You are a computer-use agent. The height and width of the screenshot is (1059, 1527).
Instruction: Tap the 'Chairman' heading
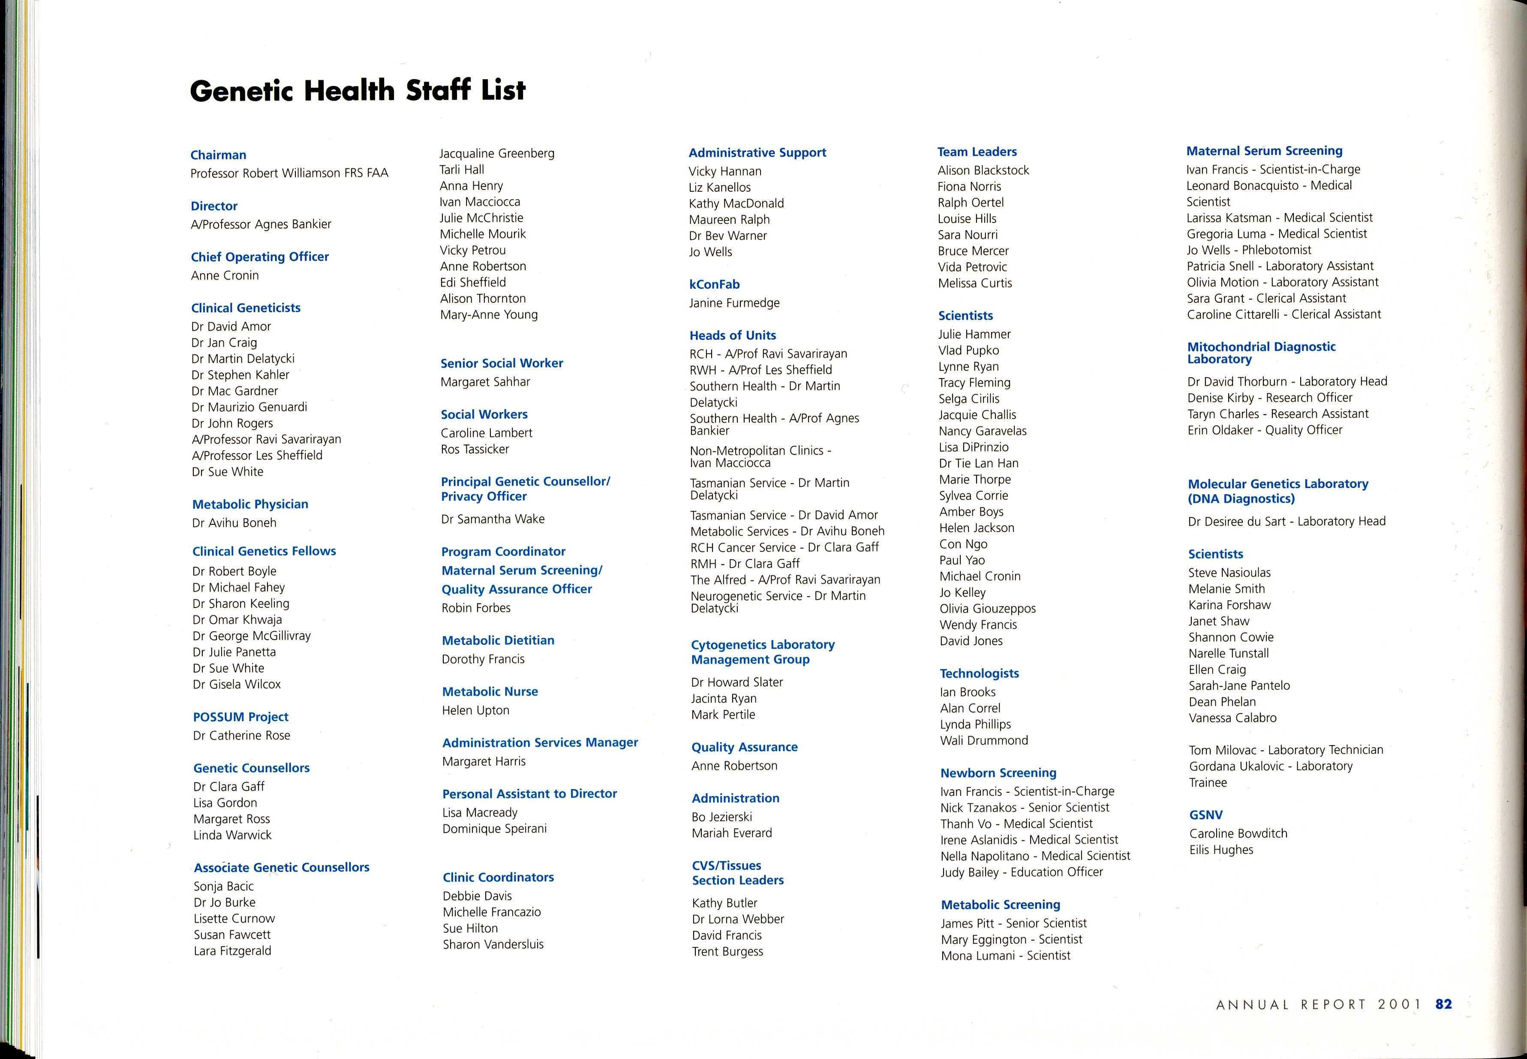[218, 155]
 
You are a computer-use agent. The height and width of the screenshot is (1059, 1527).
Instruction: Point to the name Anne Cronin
[225, 275]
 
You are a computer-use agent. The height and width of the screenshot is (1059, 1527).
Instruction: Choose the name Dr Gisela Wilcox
[237, 684]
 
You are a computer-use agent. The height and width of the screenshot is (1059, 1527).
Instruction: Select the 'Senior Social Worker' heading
[502, 363]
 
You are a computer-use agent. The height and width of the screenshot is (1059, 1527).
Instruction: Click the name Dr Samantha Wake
[493, 519]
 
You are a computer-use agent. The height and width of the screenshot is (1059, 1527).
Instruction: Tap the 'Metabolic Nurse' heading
[490, 692]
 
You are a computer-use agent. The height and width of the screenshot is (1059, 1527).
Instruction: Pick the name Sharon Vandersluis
[493, 944]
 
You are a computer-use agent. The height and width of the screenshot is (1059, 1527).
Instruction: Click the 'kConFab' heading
[714, 284]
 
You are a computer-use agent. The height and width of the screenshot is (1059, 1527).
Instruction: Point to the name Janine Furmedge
[734, 303]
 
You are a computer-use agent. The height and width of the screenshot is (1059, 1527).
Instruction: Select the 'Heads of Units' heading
[732, 335]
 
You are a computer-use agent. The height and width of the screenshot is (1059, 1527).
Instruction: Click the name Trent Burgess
[727, 951]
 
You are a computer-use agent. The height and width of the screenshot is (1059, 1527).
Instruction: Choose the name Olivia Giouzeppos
[987, 608]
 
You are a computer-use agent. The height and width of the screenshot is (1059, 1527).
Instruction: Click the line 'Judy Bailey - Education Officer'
[1022, 872]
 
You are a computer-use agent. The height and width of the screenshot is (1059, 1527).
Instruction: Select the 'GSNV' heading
[1205, 815]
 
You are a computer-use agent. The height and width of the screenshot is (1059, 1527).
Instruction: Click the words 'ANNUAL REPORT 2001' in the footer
[1318, 1005]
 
